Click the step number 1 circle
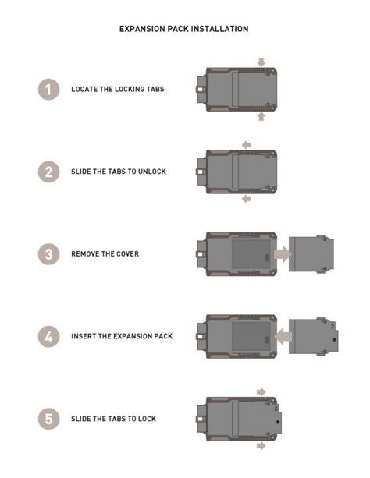[x=48, y=89]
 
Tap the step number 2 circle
[x=48, y=172]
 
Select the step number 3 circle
[x=48, y=253]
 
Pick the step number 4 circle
[x=48, y=336]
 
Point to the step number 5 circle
[x=48, y=419]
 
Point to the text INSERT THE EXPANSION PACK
[x=122, y=336]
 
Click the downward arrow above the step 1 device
[x=261, y=61]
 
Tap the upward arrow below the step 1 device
[x=261, y=117]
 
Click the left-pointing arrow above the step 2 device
[x=245, y=144]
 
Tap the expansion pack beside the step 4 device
[x=315, y=337]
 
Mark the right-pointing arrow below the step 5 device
[x=261, y=446]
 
